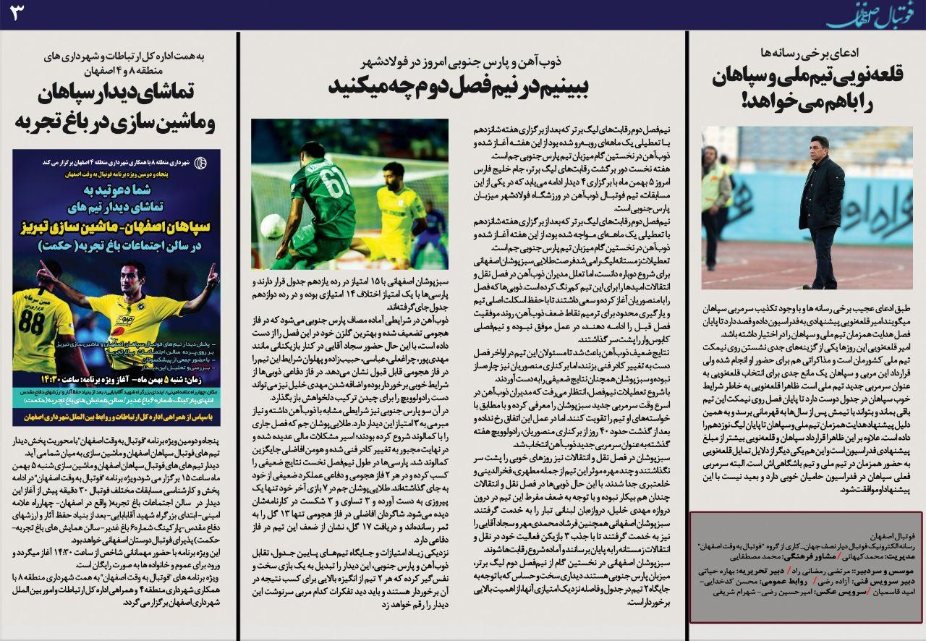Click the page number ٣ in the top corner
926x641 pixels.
19,14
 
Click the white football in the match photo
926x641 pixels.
273,226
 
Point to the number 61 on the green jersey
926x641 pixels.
337,184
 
